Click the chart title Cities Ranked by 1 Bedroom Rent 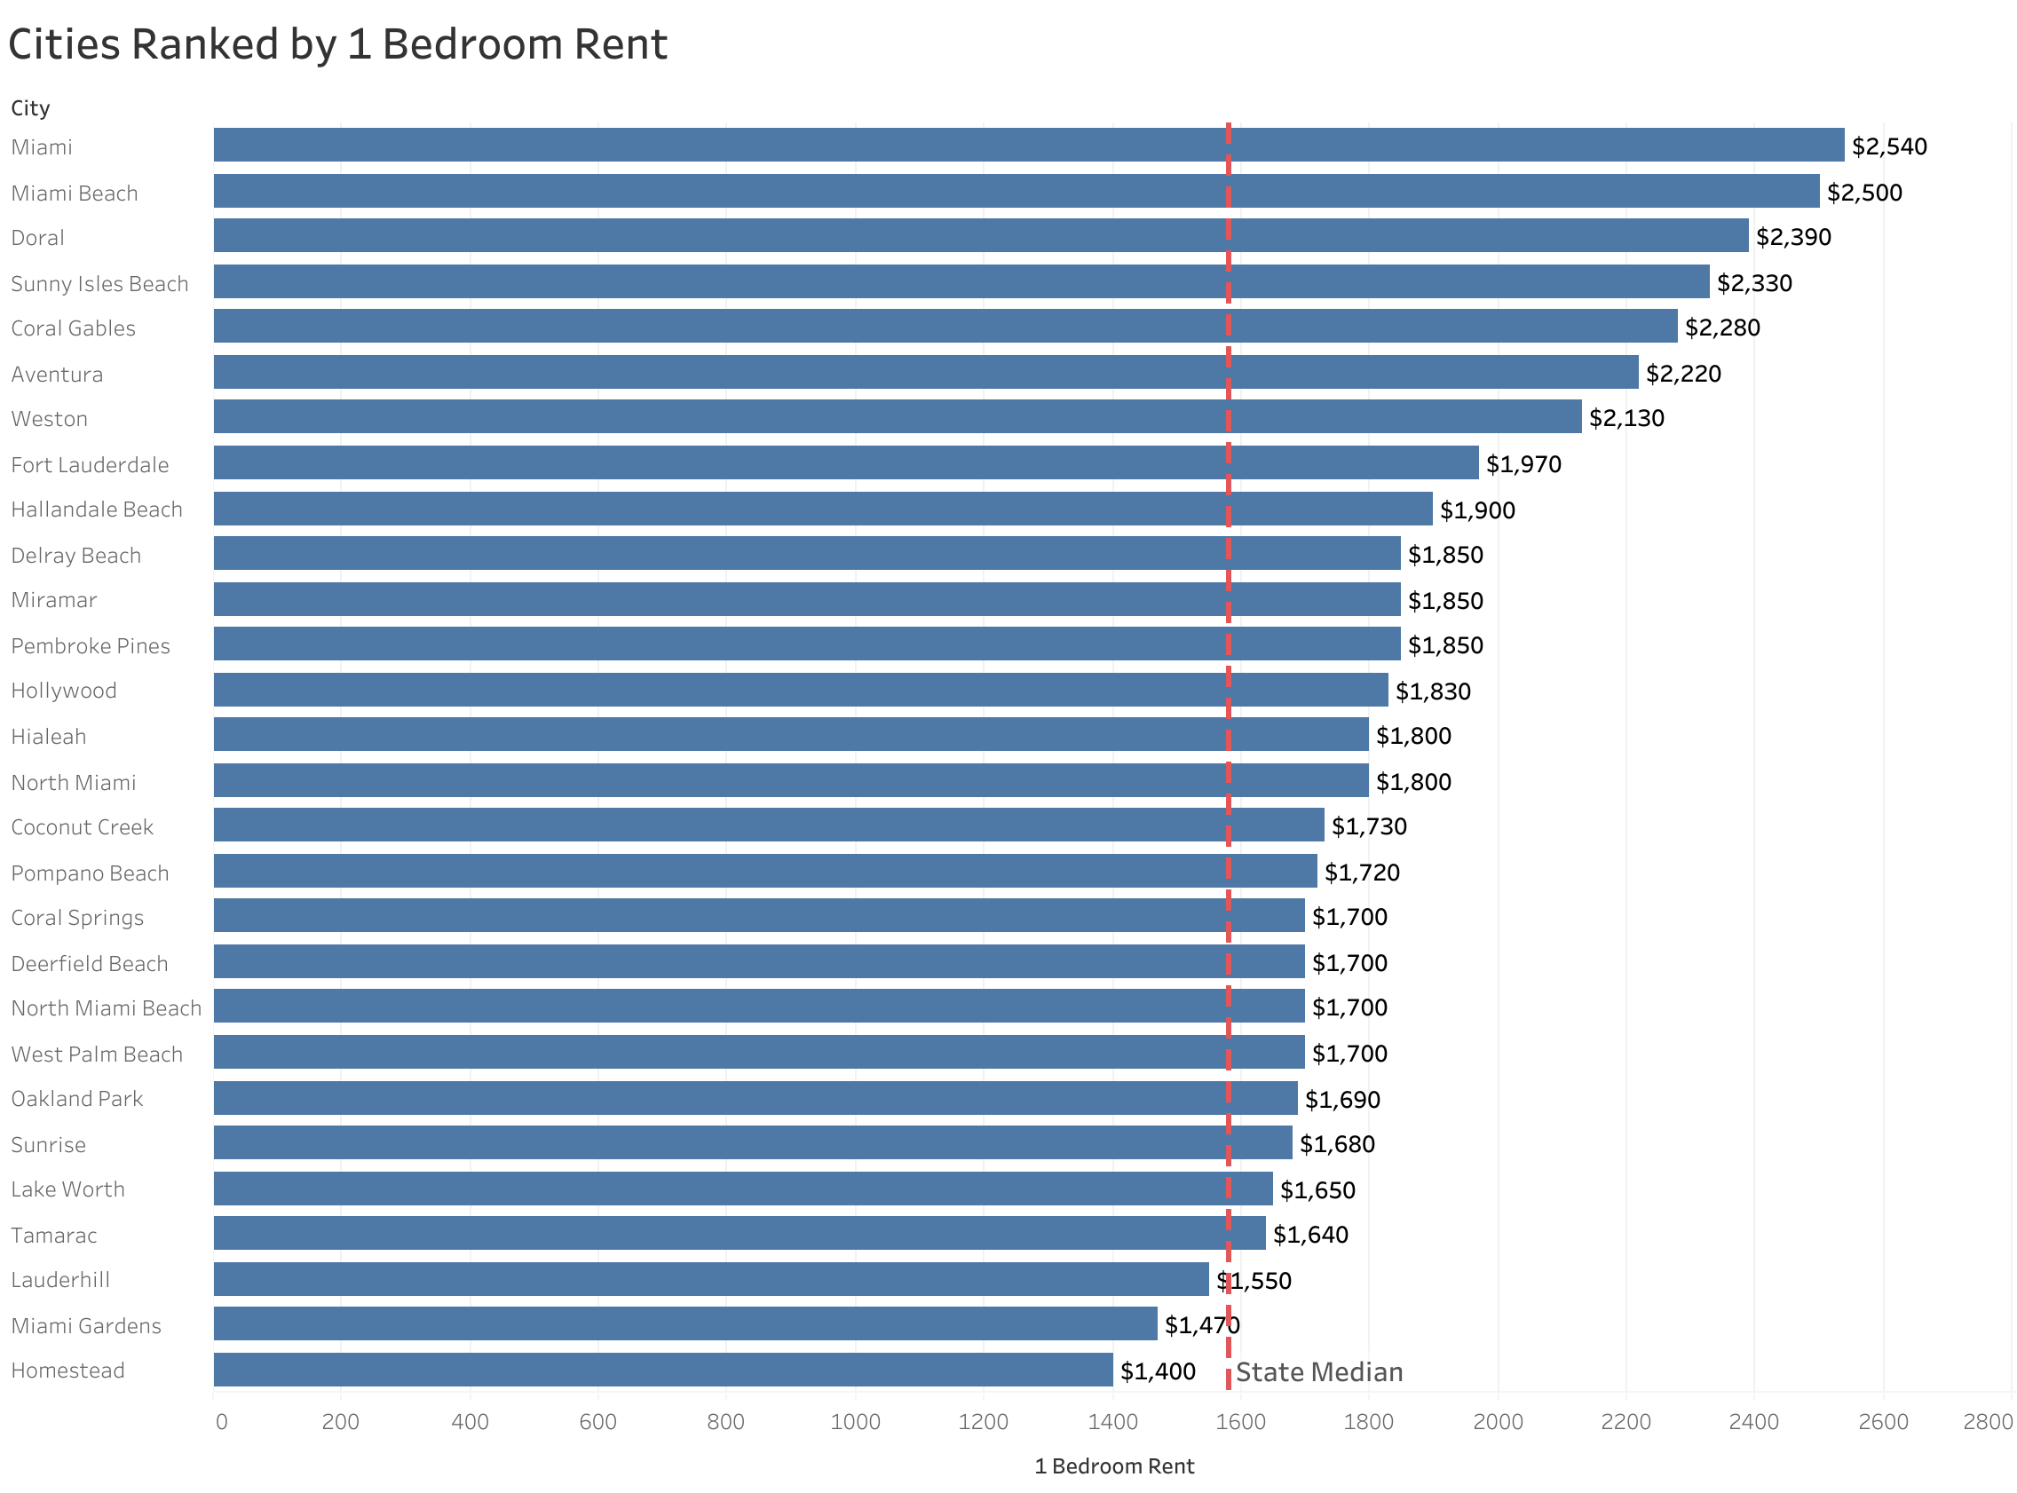tap(337, 45)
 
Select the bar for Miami tap(1027, 145)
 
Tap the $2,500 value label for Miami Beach tap(1863, 193)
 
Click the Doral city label tap(38, 238)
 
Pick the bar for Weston tap(897, 416)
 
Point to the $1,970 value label tap(1523, 464)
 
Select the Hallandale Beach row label tap(97, 510)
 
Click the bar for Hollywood tap(800, 690)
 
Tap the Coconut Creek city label tap(83, 827)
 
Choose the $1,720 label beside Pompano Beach tap(1361, 873)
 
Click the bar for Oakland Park tap(755, 1098)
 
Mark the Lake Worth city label tap(67, 1189)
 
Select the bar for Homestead tap(662, 1370)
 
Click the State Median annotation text tap(1318, 1372)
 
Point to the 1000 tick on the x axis tap(854, 1422)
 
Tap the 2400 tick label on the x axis tap(1753, 1422)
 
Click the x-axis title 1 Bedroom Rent tap(1113, 1465)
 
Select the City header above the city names tap(30, 108)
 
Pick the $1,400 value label tap(1157, 1371)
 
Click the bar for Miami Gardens tap(685, 1323)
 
